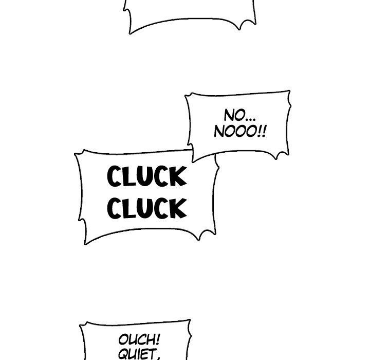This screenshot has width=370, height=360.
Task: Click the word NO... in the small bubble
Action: point(239,116)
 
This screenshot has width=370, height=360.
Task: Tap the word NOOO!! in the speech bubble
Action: point(240,131)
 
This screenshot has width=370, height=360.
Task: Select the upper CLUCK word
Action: point(147,176)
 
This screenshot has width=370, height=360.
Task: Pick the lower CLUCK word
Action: point(147,208)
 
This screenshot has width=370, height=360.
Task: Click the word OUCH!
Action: point(139,339)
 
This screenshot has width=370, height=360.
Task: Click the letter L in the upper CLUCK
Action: point(129,176)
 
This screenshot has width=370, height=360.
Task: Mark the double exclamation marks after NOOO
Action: point(263,131)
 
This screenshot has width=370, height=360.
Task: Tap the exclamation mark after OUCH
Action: point(158,339)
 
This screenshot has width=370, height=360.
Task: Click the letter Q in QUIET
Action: point(123,354)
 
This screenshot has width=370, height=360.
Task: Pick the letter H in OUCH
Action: point(150,339)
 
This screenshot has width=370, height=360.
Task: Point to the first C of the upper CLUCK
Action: point(115,176)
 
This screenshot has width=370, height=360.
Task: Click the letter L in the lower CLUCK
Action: point(129,208)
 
